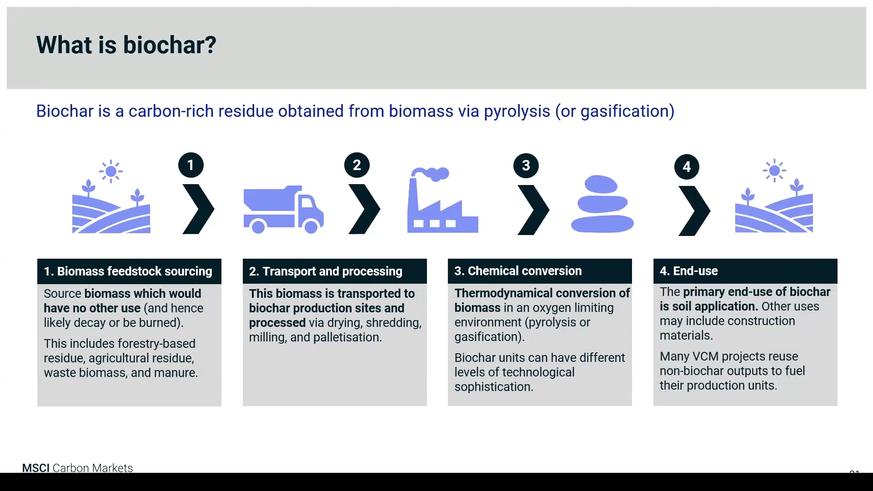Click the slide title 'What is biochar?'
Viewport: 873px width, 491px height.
(126, 45)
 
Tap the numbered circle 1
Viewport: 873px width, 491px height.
(191, 165)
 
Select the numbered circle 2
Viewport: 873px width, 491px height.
(357, 165)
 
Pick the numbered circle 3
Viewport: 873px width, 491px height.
(526, 166)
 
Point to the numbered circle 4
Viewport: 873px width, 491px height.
(687, 167)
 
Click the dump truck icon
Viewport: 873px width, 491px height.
(284, 210)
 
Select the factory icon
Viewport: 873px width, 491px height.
(442, 200)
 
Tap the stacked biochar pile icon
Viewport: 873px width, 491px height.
(602, 204)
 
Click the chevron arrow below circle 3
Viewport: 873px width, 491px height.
(533, 210)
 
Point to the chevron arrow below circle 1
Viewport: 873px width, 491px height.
(198, 209)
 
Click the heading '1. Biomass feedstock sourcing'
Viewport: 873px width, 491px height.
(128, 271)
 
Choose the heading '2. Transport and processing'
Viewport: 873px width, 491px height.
(326, 271)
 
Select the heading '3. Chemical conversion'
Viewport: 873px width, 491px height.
(518, 271)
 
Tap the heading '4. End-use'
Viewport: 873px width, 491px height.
(689, 271)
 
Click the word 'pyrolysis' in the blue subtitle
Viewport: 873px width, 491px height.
(517, 111)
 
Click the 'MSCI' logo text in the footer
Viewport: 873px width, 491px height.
(36, 468)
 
